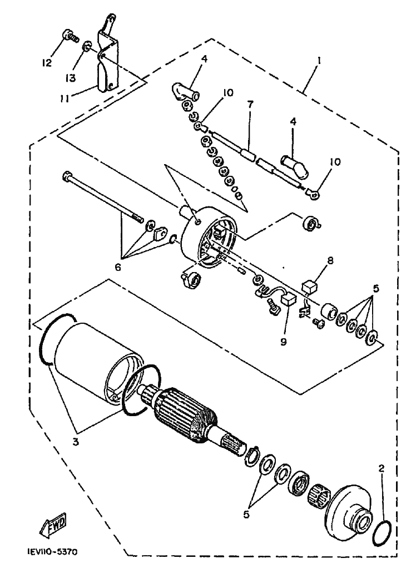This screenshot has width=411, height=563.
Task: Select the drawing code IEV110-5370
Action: click(52, 552)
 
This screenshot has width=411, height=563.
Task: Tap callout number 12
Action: click(47, 62)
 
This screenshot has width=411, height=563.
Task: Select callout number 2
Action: click(381, 468)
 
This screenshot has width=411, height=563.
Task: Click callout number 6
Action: click(117, 266)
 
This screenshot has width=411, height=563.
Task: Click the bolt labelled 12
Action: click(68, 37)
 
